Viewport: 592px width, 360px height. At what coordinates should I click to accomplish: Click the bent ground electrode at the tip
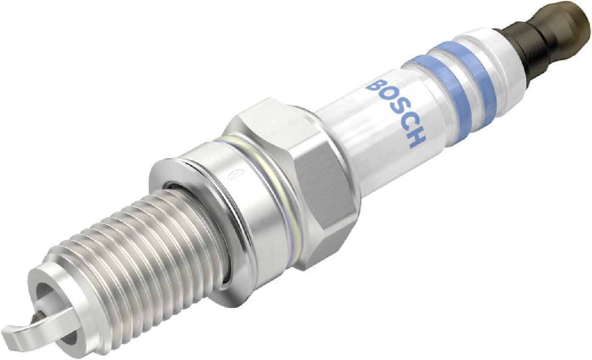27,318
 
